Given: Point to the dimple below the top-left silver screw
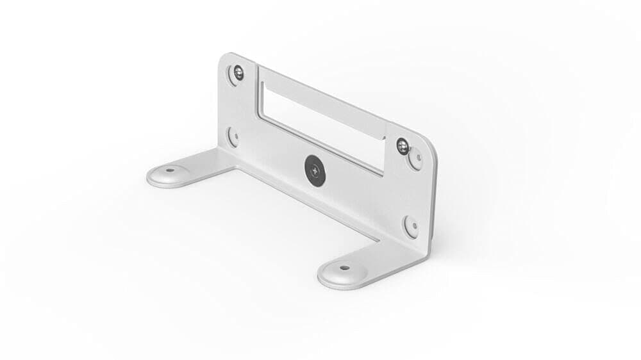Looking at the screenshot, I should (232, 136).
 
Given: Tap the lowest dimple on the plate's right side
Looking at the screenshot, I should (411, 225).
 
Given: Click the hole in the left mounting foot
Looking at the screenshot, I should (170, 172).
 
